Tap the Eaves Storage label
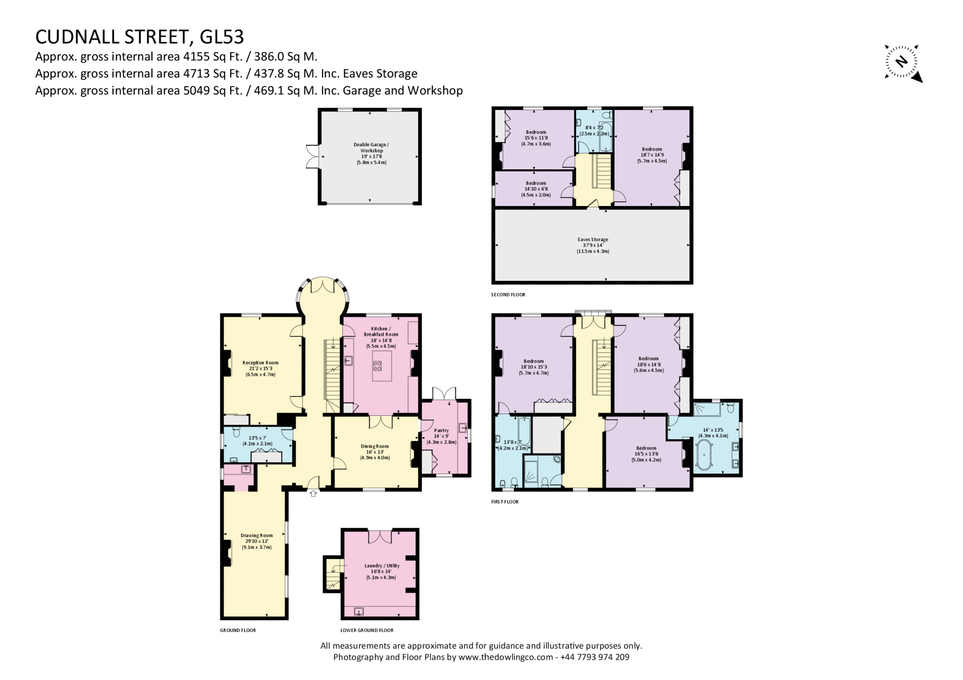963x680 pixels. tap(592, 239)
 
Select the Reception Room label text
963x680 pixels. tap(260, 363)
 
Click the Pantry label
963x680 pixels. tap(441, 430)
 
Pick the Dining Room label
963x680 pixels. tap(375, 446)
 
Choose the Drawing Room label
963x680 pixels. tap(256, 535)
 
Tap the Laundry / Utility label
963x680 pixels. tap(380, 566)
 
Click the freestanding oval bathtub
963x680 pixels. tap(704, 455)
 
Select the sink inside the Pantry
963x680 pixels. tap(463, 428)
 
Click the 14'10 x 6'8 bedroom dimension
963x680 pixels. tap(536, 189)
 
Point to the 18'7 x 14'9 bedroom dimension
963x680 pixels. tap(651, 155)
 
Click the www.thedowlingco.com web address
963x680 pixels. tap(505, 657)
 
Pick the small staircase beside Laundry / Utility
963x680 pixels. tap(333, 574)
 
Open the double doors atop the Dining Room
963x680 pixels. tap(380, 421)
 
